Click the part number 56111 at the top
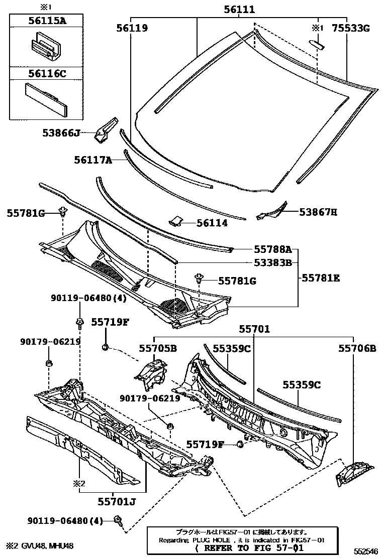click(x=239, y=10)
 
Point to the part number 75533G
click(x=350, y=28)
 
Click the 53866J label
click(x=61, y=133)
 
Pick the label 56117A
click(x=92, y=160)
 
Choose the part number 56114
click(x=212, y=223)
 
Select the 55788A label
click(x=272, y=248)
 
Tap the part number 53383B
click(x=272, y=262)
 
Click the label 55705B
click(x=158, y=348)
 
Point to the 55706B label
click(x=357, y=348)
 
